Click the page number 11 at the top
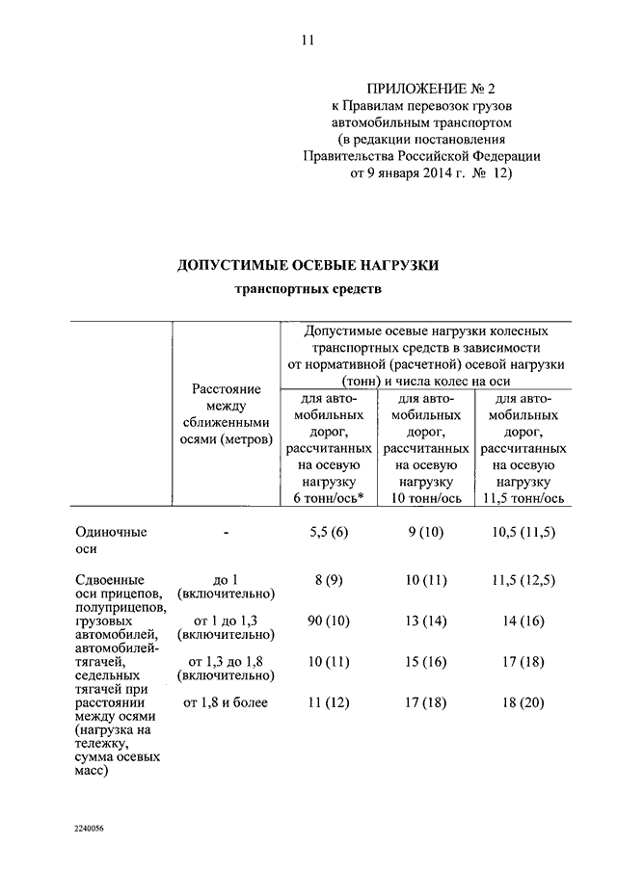[308, 40]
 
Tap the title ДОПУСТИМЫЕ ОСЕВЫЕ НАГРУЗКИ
[308, 265]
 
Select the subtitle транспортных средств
[308, 290]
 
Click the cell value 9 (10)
[425, 532]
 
